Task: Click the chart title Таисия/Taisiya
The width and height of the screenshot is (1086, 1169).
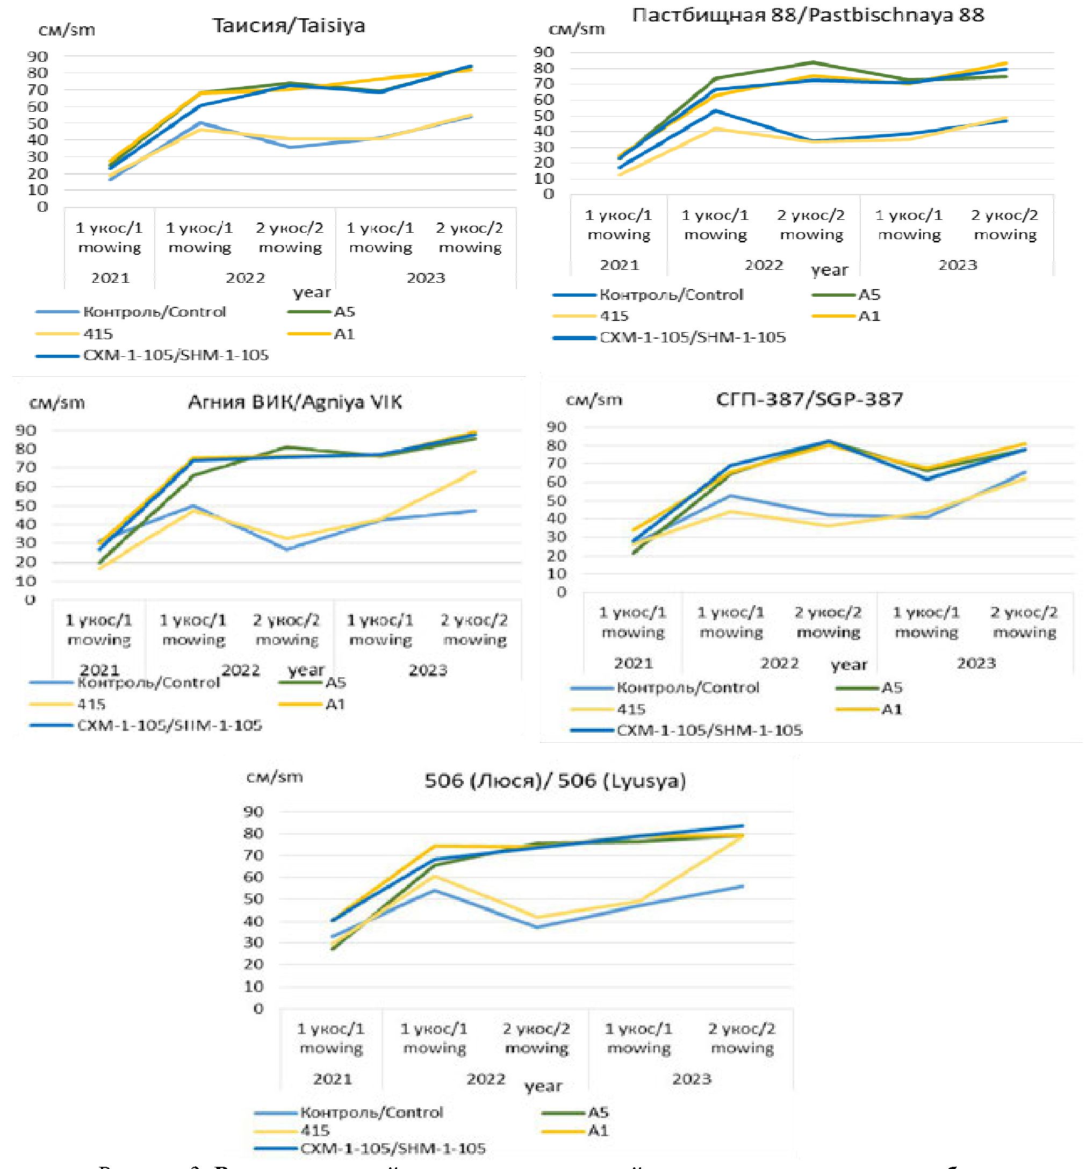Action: click(289, 26)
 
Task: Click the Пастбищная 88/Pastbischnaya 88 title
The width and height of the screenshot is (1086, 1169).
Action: click(808, 15)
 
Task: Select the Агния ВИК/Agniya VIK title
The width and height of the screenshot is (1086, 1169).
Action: click(294, 402)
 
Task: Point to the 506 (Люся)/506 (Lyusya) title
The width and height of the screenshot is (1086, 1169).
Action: click(555, 781)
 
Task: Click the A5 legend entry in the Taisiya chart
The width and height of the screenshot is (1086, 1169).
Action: click(344, 312)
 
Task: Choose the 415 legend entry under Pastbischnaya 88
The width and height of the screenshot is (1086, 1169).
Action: click(614, 316)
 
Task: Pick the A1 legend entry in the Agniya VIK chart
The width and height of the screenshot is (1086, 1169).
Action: click(335, 704)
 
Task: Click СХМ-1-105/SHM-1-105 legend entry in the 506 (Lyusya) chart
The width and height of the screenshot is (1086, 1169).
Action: click(393, 1149)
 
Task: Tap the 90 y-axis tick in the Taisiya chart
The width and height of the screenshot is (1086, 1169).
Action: click(37, 57)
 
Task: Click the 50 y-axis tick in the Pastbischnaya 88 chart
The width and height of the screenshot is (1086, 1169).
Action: click(544, 116)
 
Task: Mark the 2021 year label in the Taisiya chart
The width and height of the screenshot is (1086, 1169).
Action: click(110, 278)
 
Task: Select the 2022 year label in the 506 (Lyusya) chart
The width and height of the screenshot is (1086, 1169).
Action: click(485, 1079)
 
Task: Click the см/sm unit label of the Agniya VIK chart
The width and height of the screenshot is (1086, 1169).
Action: click(57, 403)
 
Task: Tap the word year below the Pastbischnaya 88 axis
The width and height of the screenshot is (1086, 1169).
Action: click(829, 270)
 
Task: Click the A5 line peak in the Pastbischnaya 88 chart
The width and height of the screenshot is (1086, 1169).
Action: click(812, 62)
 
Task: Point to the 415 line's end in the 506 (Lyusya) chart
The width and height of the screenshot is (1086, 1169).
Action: click(742, 836)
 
